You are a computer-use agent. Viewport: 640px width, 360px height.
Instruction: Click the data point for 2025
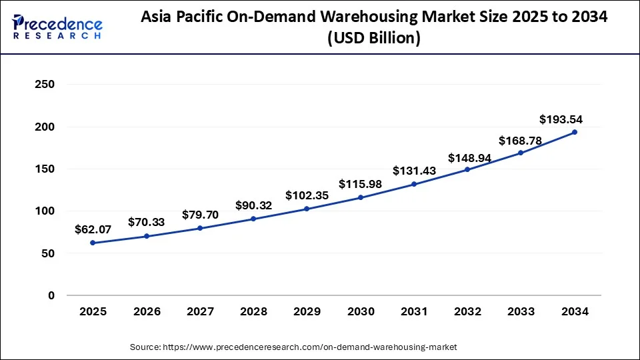tap(92, 243)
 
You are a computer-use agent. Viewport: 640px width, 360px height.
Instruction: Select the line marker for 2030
tap(360, 197)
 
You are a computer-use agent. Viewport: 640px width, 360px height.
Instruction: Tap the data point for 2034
tap(575, 132)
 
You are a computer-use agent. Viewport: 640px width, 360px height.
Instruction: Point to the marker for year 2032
tap(467, 169)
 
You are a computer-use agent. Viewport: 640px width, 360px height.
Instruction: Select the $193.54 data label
tap(561, 119)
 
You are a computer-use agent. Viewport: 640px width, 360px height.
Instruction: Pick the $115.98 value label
tap(360, 183)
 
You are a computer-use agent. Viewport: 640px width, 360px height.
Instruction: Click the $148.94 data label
tap(467, 158)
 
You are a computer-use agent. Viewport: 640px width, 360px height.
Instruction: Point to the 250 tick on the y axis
tap(45, 85)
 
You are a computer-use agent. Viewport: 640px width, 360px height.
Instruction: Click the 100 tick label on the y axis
tap(45, 211)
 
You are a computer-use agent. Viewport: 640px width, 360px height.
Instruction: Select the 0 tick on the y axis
tap(51, 295)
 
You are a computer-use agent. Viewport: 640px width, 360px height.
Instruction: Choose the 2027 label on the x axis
tap(199, 311)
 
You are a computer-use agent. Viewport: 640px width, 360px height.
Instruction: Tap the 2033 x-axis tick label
tap(521, 311)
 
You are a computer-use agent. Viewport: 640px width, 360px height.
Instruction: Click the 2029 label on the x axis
tap(306, 311)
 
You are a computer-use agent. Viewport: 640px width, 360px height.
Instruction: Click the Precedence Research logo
tap(57, 27)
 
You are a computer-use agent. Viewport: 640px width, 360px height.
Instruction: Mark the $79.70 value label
tap(199, 215)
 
